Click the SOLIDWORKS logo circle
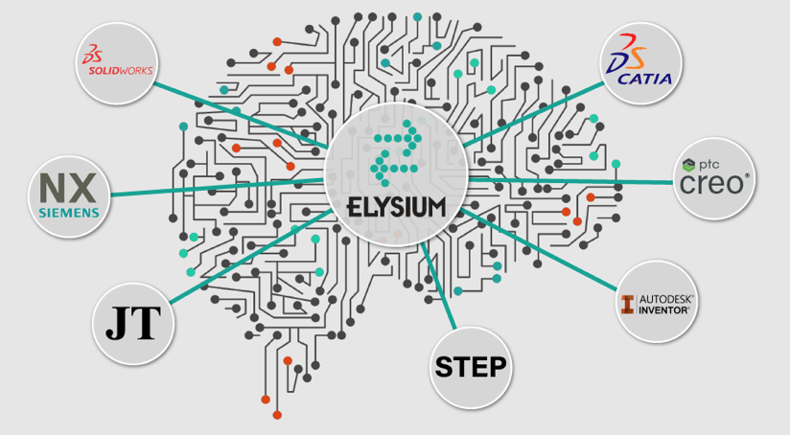pyautogui.click(x=117, y=63)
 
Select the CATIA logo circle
pyautogui.click(x=641, y=63)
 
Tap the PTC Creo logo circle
pyautogui.click(x=714, y=179)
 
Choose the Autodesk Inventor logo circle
pyautogui.click(x=657, y=302)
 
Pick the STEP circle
pyautogui.click(x=471, y=368)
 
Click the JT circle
pyautogui.click(x=133, y=324)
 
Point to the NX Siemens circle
pyautogui.click(x=69, y=196)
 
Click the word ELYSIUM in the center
pyautogui.click(x=397, y=207)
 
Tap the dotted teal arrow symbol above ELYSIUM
pyautogui.click(x=397, y=152)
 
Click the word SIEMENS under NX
pyautogui.click(x=69, y=213)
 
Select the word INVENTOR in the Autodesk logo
pyautogui.click(x=664, y=310)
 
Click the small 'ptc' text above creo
pyautogui.click(x=709, y=165)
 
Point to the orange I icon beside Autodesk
pyautogui.click(x=627, y=305)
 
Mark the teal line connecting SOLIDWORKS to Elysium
pyautogui.click(x=241, y=115)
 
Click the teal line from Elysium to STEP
pyautogui.click(x=438, y=286)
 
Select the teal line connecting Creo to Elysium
pyautogui.click(x=570, y=181)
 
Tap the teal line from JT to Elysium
pyautogui.click(x=250, y=257)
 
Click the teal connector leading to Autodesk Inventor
pyautogui.click(x=538, y=250)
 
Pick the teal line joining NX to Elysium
pyautogui.click(x=217, y=187)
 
